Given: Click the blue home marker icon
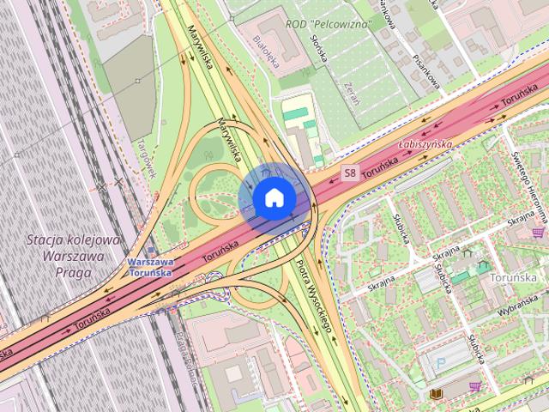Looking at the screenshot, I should [273, 197].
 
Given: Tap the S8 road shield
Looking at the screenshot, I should [349, 173].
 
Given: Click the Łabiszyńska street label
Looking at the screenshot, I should [425, 145].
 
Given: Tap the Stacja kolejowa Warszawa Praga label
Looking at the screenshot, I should [72, 249].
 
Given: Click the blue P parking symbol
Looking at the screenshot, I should [442, 364].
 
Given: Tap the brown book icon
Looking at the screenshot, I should [437, 393].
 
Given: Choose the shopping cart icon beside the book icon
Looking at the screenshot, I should [475, 387].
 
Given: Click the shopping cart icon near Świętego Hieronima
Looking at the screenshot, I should [538, 232].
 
